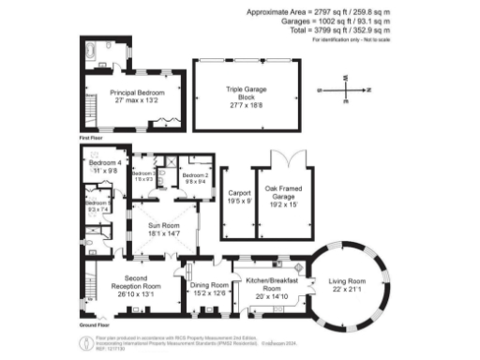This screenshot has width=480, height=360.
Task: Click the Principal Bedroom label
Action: point(137,97)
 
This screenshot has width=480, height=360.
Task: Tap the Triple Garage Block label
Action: point(247,97)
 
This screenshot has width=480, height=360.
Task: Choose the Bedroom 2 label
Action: point(194,177)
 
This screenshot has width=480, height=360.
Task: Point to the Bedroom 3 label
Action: point(143,175)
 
